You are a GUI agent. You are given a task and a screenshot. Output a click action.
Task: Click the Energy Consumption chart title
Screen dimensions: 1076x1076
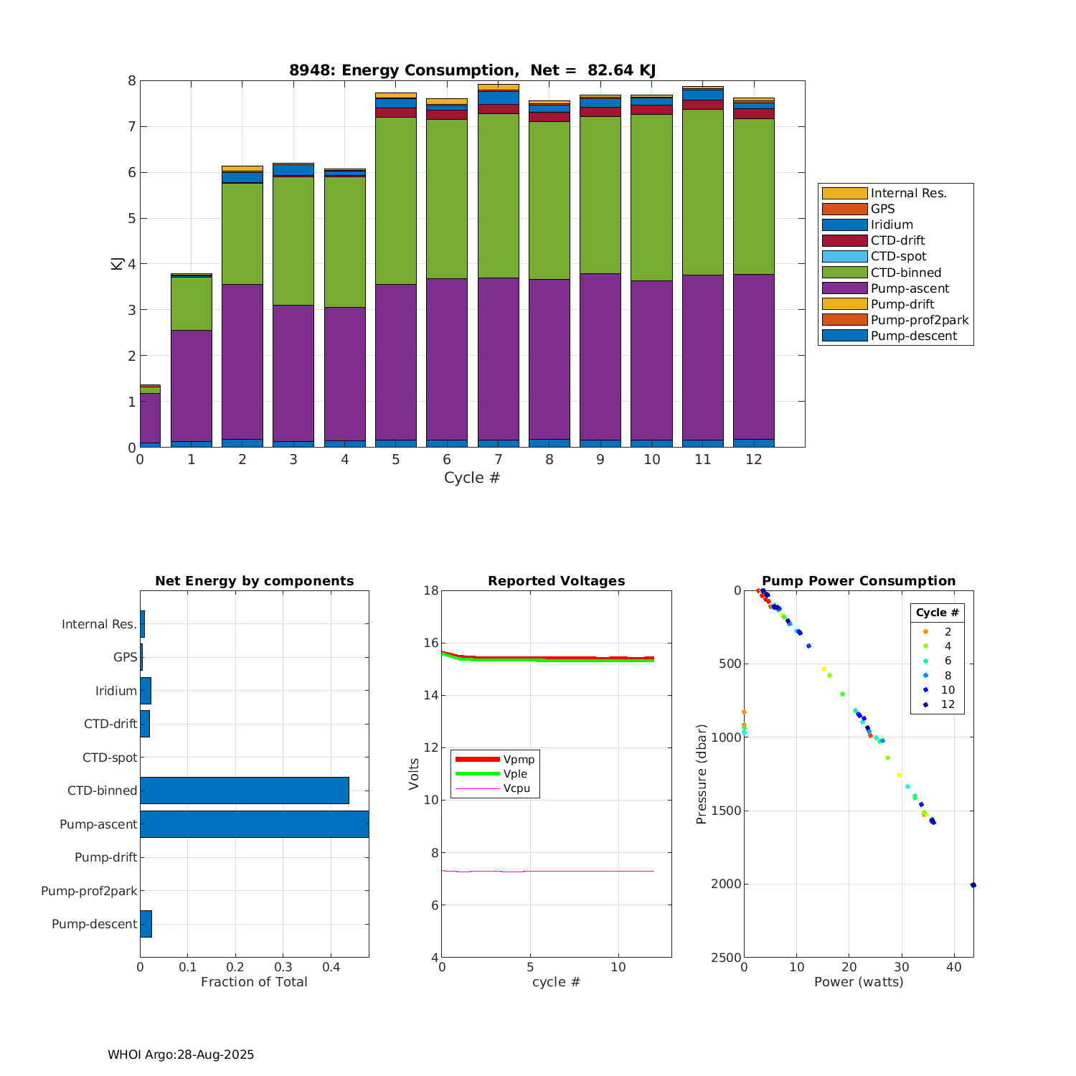(472, 70)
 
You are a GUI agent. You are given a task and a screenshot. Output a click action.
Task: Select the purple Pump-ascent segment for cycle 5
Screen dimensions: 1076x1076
(396, 362)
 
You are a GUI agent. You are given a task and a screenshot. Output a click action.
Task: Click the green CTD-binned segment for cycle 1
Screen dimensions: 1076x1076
(192, 303)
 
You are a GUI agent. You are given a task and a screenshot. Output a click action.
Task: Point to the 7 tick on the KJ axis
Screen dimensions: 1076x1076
(132, 127)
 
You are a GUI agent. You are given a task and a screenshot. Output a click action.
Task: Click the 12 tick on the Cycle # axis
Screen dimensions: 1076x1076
(754, 460)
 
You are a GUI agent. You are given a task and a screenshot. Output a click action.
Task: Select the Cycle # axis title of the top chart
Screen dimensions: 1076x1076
(471, 478)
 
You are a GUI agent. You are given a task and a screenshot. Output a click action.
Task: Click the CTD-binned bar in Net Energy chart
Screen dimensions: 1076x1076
(244, 791)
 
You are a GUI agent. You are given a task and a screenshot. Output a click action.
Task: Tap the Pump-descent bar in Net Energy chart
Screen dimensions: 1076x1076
(146, 924)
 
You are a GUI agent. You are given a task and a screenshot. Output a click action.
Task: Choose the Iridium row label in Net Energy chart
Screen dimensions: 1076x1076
(116, 691)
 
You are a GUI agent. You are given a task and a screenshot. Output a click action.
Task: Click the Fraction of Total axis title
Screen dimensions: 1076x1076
(254, 982)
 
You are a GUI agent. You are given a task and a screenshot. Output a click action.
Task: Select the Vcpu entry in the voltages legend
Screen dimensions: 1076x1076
(516, 788)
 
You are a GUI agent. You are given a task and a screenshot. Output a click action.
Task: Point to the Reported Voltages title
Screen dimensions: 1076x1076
(556, 581)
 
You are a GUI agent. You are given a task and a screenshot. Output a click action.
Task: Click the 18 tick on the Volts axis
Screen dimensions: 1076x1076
(431, 591)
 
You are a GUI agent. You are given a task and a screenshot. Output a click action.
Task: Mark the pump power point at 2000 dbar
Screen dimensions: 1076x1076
(973, 885)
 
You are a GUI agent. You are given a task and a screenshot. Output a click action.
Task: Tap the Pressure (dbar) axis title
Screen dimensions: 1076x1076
(702, 774)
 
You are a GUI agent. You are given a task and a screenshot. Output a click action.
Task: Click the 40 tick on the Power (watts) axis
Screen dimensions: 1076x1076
(953, 968)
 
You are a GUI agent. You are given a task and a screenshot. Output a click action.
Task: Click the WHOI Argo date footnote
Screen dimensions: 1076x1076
(181, 1054)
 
